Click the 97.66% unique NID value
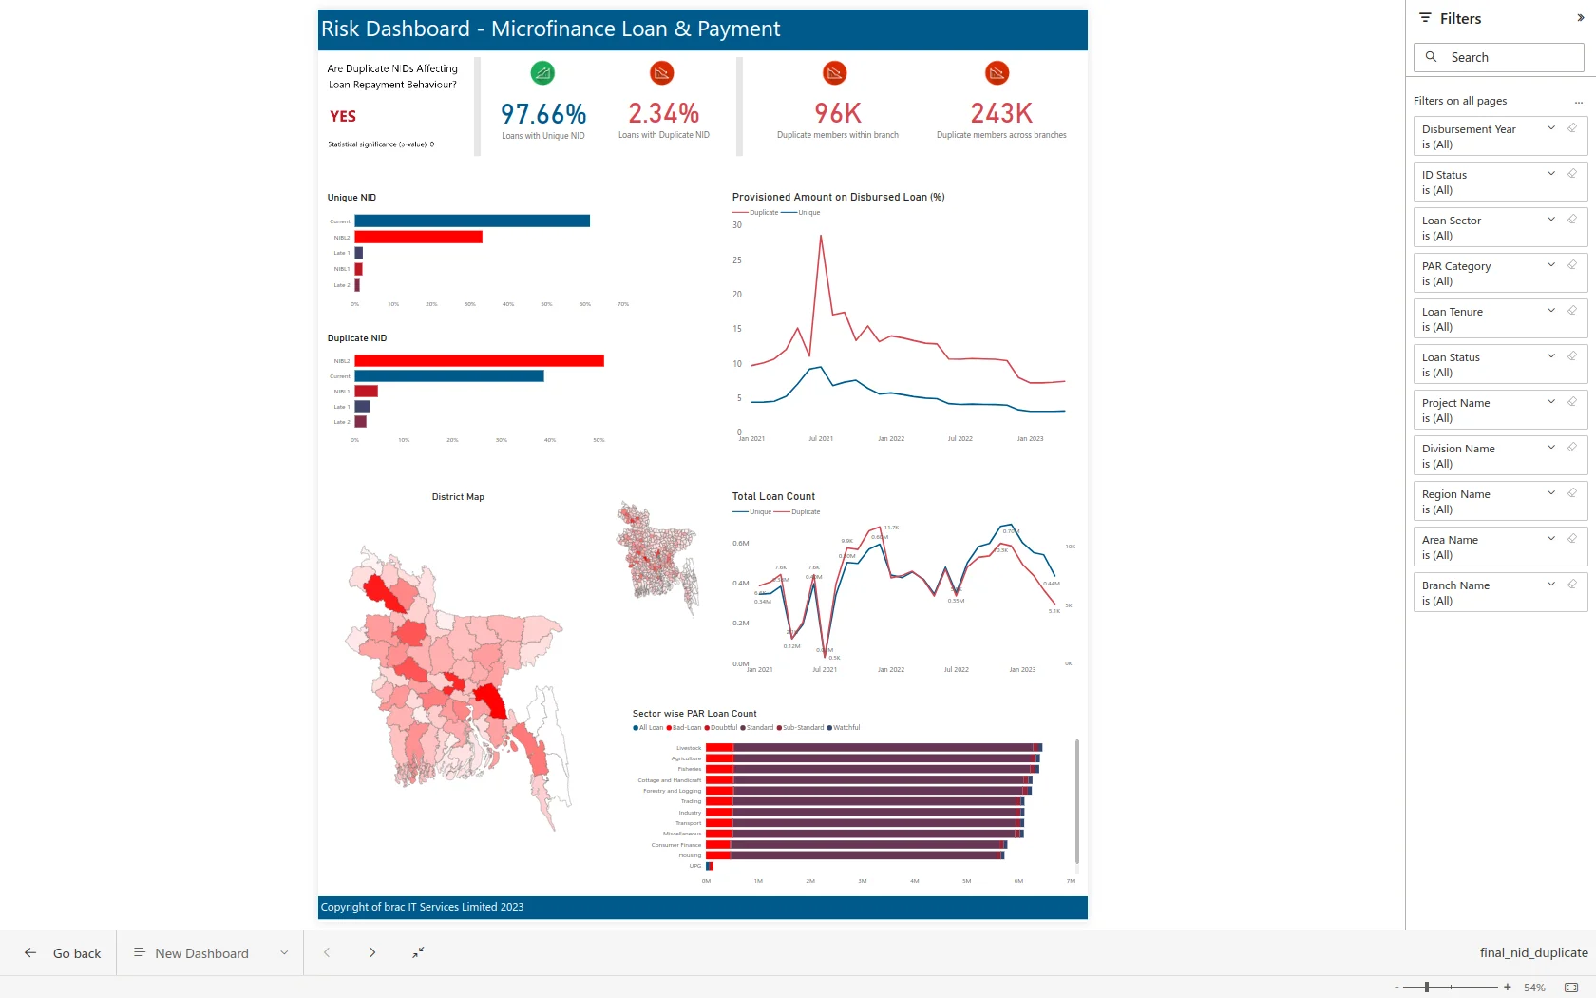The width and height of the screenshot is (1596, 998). tap(543, 114)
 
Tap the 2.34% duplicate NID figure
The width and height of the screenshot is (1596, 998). tap(663, 114)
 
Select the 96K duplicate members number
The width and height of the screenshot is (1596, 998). tap(837, 114)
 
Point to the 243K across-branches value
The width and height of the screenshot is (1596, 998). tap(1001, 114)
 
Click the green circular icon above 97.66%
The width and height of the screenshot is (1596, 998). tap(542, 73)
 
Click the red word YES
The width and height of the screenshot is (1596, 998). tap(343, 116)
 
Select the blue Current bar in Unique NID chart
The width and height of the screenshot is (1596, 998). tap(472, 221)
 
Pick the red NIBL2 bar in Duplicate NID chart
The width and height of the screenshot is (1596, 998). tap(479, 361)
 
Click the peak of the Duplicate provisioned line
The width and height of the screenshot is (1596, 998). tap(821, 236)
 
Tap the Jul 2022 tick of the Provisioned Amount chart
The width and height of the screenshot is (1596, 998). tap(959, 439)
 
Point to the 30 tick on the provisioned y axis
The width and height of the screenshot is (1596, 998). tap(737, 225)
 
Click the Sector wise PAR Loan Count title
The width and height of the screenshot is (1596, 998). tap(694, 714)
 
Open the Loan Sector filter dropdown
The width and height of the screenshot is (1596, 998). tap(1550, 220)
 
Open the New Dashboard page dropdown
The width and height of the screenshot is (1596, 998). tap(284, 953)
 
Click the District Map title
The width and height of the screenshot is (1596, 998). tap(458, 497)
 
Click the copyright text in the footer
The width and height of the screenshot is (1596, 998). tap(422, 907)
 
